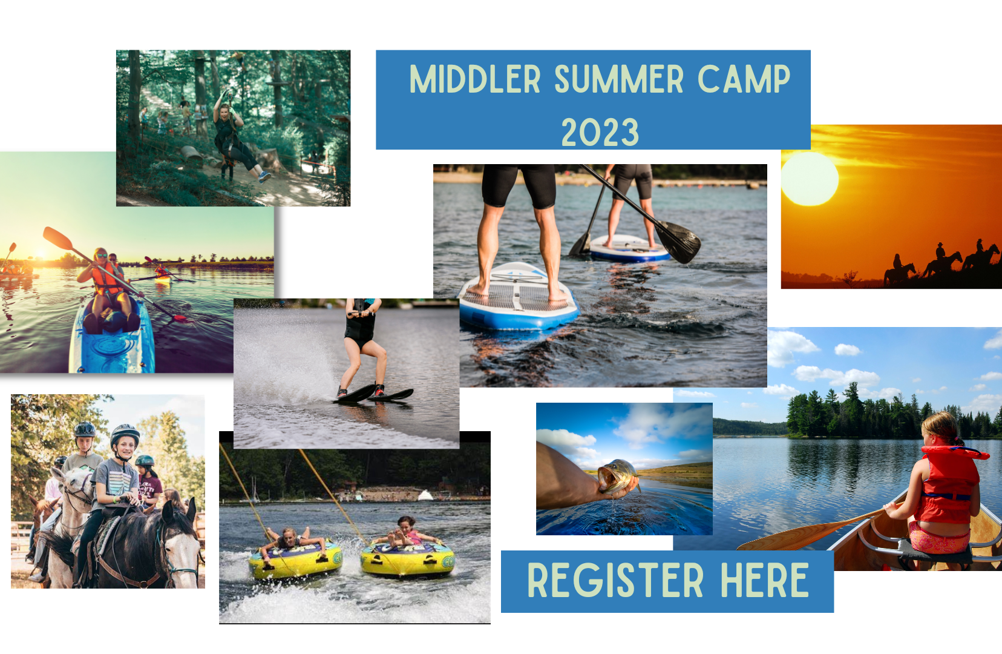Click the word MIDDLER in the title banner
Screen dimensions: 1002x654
pos(475,79)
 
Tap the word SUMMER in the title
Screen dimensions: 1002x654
pos(619,79)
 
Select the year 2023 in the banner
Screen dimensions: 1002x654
pos(600,132)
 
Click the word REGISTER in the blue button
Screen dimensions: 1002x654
pos(615,581)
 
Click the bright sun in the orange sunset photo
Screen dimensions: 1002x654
pos(810,179)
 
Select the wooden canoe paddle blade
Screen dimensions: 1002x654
pos(787,537)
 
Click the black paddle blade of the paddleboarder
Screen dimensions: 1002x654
pos(678,242)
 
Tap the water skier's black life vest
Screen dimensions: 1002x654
pos(360,325)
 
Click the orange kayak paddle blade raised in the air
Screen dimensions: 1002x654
pos(57,238)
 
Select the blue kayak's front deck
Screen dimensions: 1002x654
pos(112,345)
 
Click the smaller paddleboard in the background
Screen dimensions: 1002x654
pos(630,249)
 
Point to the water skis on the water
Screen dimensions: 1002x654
pos(373,395)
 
